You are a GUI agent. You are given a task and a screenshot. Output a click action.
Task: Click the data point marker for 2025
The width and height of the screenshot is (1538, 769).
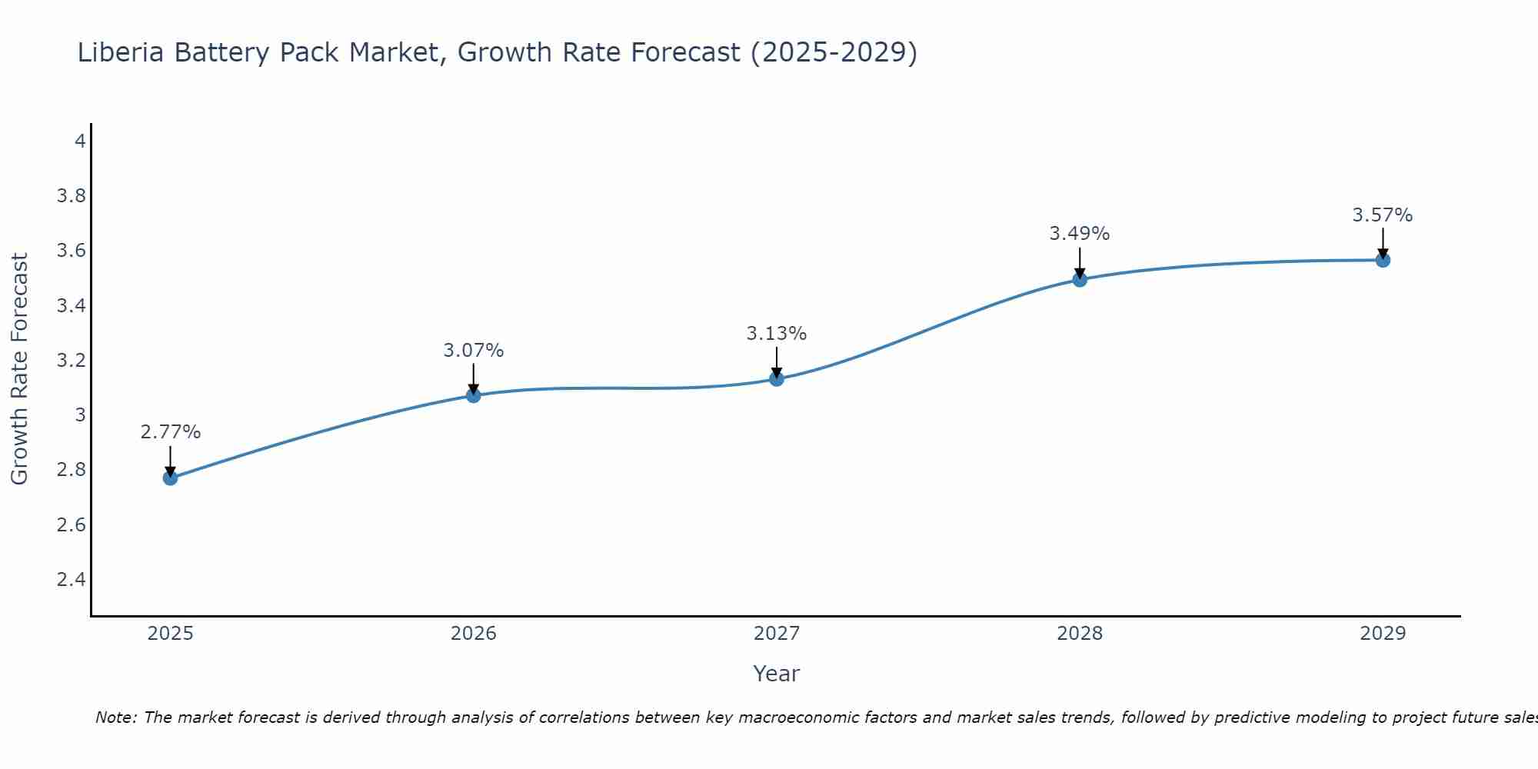click(171, 478)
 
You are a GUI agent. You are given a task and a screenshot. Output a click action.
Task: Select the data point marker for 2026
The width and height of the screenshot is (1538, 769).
click(474, 395)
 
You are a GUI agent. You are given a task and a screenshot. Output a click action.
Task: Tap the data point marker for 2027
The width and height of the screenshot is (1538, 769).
click(777, 378)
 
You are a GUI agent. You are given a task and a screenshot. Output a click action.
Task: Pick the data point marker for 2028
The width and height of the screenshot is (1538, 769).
click(1080, 279)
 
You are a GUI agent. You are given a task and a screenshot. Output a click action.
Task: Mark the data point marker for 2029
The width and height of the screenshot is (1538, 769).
click(1383, 260)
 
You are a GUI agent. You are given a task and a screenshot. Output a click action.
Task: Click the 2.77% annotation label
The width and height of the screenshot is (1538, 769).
click(171, 432)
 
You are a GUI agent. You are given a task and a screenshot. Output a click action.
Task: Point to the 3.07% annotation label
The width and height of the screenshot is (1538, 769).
click(474, 351)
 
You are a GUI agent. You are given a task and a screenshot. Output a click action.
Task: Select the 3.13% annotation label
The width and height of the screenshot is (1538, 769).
click(777, 334)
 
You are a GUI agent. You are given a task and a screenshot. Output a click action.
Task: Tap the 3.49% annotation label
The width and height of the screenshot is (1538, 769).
click(1080, 234)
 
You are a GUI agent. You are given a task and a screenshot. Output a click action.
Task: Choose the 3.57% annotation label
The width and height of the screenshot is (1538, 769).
click(1383, 215)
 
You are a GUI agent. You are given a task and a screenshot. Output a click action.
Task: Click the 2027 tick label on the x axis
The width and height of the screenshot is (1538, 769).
click(777, 634)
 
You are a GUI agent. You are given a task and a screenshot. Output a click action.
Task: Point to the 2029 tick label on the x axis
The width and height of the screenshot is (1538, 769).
click(1383, 634)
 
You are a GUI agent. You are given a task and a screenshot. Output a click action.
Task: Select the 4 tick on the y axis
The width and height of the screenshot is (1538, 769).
click(80, 141)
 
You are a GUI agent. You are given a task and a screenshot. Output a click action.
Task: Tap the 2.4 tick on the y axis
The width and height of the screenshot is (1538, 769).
click(72, 580)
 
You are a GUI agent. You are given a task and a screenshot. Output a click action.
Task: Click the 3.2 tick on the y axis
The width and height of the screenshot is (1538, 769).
click(72, 361)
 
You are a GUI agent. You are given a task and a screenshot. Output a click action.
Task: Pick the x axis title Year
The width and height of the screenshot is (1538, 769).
click(777, 674)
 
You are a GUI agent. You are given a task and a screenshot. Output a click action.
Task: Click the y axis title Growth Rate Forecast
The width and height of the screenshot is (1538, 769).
click(20, 369)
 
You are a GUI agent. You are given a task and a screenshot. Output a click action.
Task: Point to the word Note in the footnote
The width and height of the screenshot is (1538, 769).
click(115, 717)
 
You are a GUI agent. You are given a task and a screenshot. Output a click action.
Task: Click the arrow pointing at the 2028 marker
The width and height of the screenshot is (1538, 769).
click(1080, 261)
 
